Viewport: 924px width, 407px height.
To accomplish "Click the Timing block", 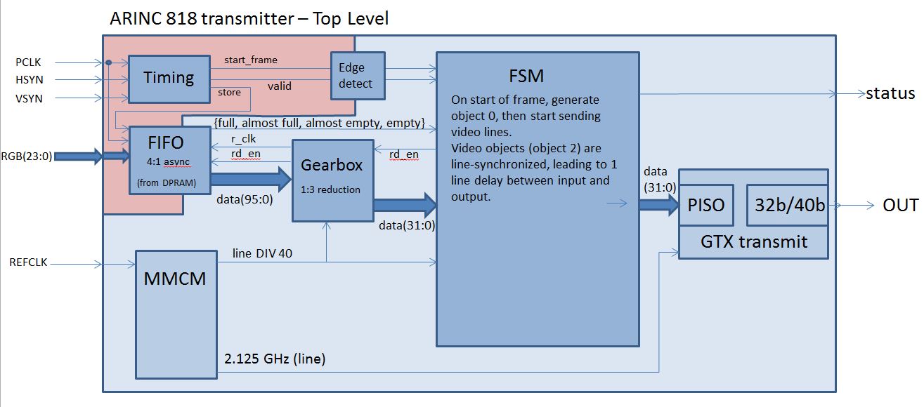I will click(x=169, y=79).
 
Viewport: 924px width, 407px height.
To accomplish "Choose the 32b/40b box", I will click(x=786, y=205).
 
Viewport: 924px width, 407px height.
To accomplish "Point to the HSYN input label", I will click(x=27, y=81).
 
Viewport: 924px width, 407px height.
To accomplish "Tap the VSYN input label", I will click(x=27, y=99).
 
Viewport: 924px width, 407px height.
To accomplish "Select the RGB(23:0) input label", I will click(x=25, y=156).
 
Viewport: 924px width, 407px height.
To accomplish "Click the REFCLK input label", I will click(x=28, y=262).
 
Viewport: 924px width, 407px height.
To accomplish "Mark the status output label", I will click(x=890, y=94).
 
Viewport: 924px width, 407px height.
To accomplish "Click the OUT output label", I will click(x=900, y=205).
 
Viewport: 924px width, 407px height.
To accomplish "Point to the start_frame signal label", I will click(x=250, y=60).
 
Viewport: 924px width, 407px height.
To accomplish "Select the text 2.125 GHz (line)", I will click(x=274, y=360).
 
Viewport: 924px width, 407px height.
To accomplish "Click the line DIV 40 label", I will click(x=262, y=253).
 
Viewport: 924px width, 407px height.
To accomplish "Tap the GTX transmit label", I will click(x=753, y=242).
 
